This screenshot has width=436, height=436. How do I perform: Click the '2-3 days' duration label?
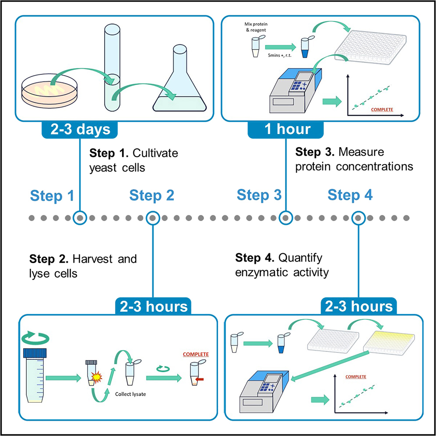coord(80,130)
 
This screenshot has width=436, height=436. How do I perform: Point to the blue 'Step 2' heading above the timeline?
coord(151,196)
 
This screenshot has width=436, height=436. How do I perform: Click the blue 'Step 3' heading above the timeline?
coord(259,195)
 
